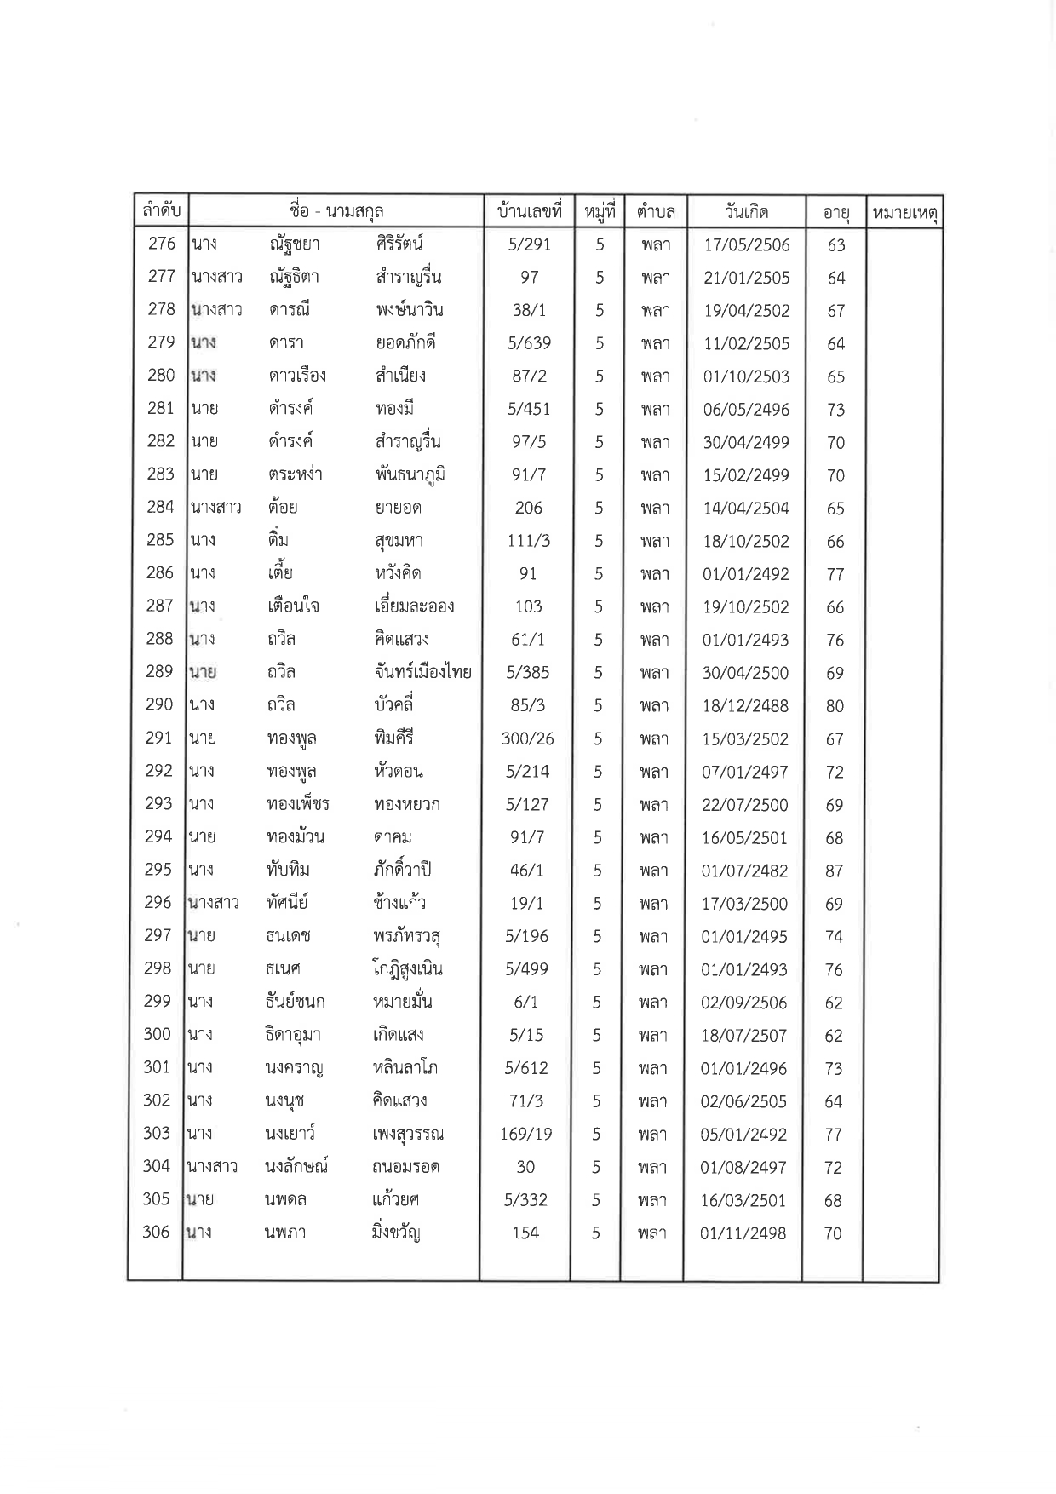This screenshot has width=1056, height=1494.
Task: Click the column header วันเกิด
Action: pos(746,211)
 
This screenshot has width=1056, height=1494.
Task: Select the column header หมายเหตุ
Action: pos(904,213)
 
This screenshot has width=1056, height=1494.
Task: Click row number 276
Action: pos(162,244)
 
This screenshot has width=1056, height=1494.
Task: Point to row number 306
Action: pos(157,1233)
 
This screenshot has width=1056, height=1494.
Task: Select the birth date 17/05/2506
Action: pos(747,245)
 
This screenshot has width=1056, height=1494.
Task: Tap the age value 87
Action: pos(834,871)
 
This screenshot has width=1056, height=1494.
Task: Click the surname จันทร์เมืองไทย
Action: pos(423,672)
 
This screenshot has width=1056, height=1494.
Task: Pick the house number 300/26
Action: pos(528,738)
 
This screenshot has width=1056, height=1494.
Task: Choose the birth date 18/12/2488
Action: pos(746,705)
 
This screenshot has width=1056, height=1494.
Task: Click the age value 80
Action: pos(835,706)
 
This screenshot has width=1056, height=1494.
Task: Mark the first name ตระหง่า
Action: pos(294,474)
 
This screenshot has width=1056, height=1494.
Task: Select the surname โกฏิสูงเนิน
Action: pos(408,969)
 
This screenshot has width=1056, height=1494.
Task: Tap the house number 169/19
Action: pos(526,1134)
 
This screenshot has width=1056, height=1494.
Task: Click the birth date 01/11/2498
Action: pos(743,1233)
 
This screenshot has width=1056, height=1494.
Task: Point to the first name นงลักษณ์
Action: pos(296,1167)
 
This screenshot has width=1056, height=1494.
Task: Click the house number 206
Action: pos(528,508)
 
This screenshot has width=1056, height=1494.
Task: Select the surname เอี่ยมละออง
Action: pos(414,606)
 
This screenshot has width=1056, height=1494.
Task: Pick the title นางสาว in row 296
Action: pos(213,903)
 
